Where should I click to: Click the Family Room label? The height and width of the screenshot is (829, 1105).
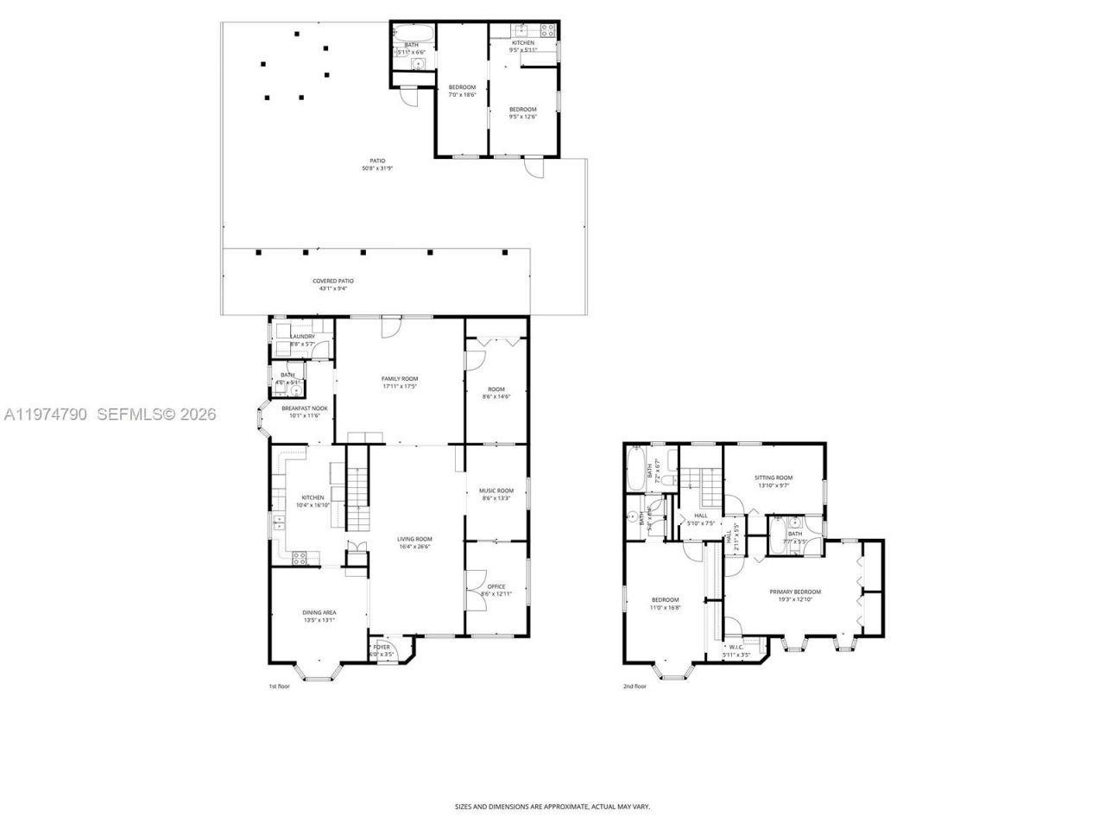click(400, 379)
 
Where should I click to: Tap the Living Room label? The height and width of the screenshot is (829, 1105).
click(414, 539)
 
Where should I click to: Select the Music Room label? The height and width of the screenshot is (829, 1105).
click(496, 491)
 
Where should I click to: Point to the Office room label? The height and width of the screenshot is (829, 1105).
click(496, 587)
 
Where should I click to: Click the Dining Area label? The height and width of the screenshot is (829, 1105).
click(319, 612)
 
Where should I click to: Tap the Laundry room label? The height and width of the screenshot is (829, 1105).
click(302, 337)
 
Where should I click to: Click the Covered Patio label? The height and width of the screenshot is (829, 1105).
click(333, 281)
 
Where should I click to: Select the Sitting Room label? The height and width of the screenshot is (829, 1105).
click(773, 478)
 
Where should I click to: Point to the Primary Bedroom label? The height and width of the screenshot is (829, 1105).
click(795, 592)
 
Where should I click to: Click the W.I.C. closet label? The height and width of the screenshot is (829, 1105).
click(736, 647)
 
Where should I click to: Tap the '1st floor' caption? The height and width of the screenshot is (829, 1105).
click(281, 687)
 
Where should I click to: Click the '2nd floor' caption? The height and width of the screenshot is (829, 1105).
click(635, 687)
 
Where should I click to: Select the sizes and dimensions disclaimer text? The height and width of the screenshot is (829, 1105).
click(552, 807)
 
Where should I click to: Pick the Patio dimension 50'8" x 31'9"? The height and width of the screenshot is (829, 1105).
click(377, 168)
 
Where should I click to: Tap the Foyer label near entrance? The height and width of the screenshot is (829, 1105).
click(382, 647)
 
